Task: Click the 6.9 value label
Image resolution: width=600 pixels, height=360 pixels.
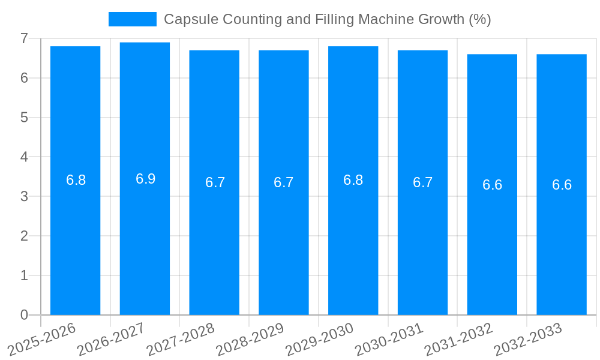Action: click(x=145, y=179)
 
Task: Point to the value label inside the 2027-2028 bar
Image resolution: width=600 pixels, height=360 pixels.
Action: click(x=215, y=182)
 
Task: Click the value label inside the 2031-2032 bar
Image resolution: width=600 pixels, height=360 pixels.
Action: click(x=492, y=185)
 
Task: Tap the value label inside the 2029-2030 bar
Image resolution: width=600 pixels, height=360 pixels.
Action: click(x=353, y=180)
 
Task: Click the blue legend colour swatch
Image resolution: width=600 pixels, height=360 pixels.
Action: click(x=132, y=19)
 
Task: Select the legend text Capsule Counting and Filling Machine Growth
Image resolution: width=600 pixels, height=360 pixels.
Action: click(x=327, y=19)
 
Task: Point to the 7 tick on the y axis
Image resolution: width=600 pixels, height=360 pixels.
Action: click(x=24, y=38)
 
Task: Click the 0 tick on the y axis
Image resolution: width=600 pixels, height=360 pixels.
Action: click(x=24, y=315)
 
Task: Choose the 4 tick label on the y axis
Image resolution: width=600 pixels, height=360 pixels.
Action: click(x=24, y=157)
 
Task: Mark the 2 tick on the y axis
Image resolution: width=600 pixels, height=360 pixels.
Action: click(x=24, y=236)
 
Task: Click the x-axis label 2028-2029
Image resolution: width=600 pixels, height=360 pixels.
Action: click(x=250, y=339)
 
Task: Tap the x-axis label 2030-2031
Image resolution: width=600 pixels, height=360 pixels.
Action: click(x=389, y=339)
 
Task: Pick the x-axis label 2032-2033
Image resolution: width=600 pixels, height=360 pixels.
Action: click(x=528, y=339)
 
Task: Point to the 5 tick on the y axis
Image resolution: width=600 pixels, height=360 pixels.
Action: click(x=24, y=118)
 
